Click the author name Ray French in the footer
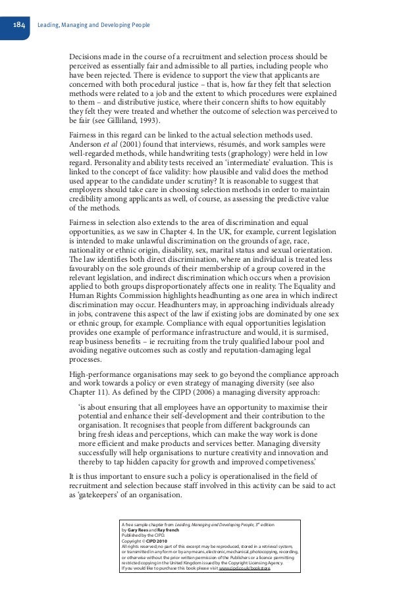pos(171,530)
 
